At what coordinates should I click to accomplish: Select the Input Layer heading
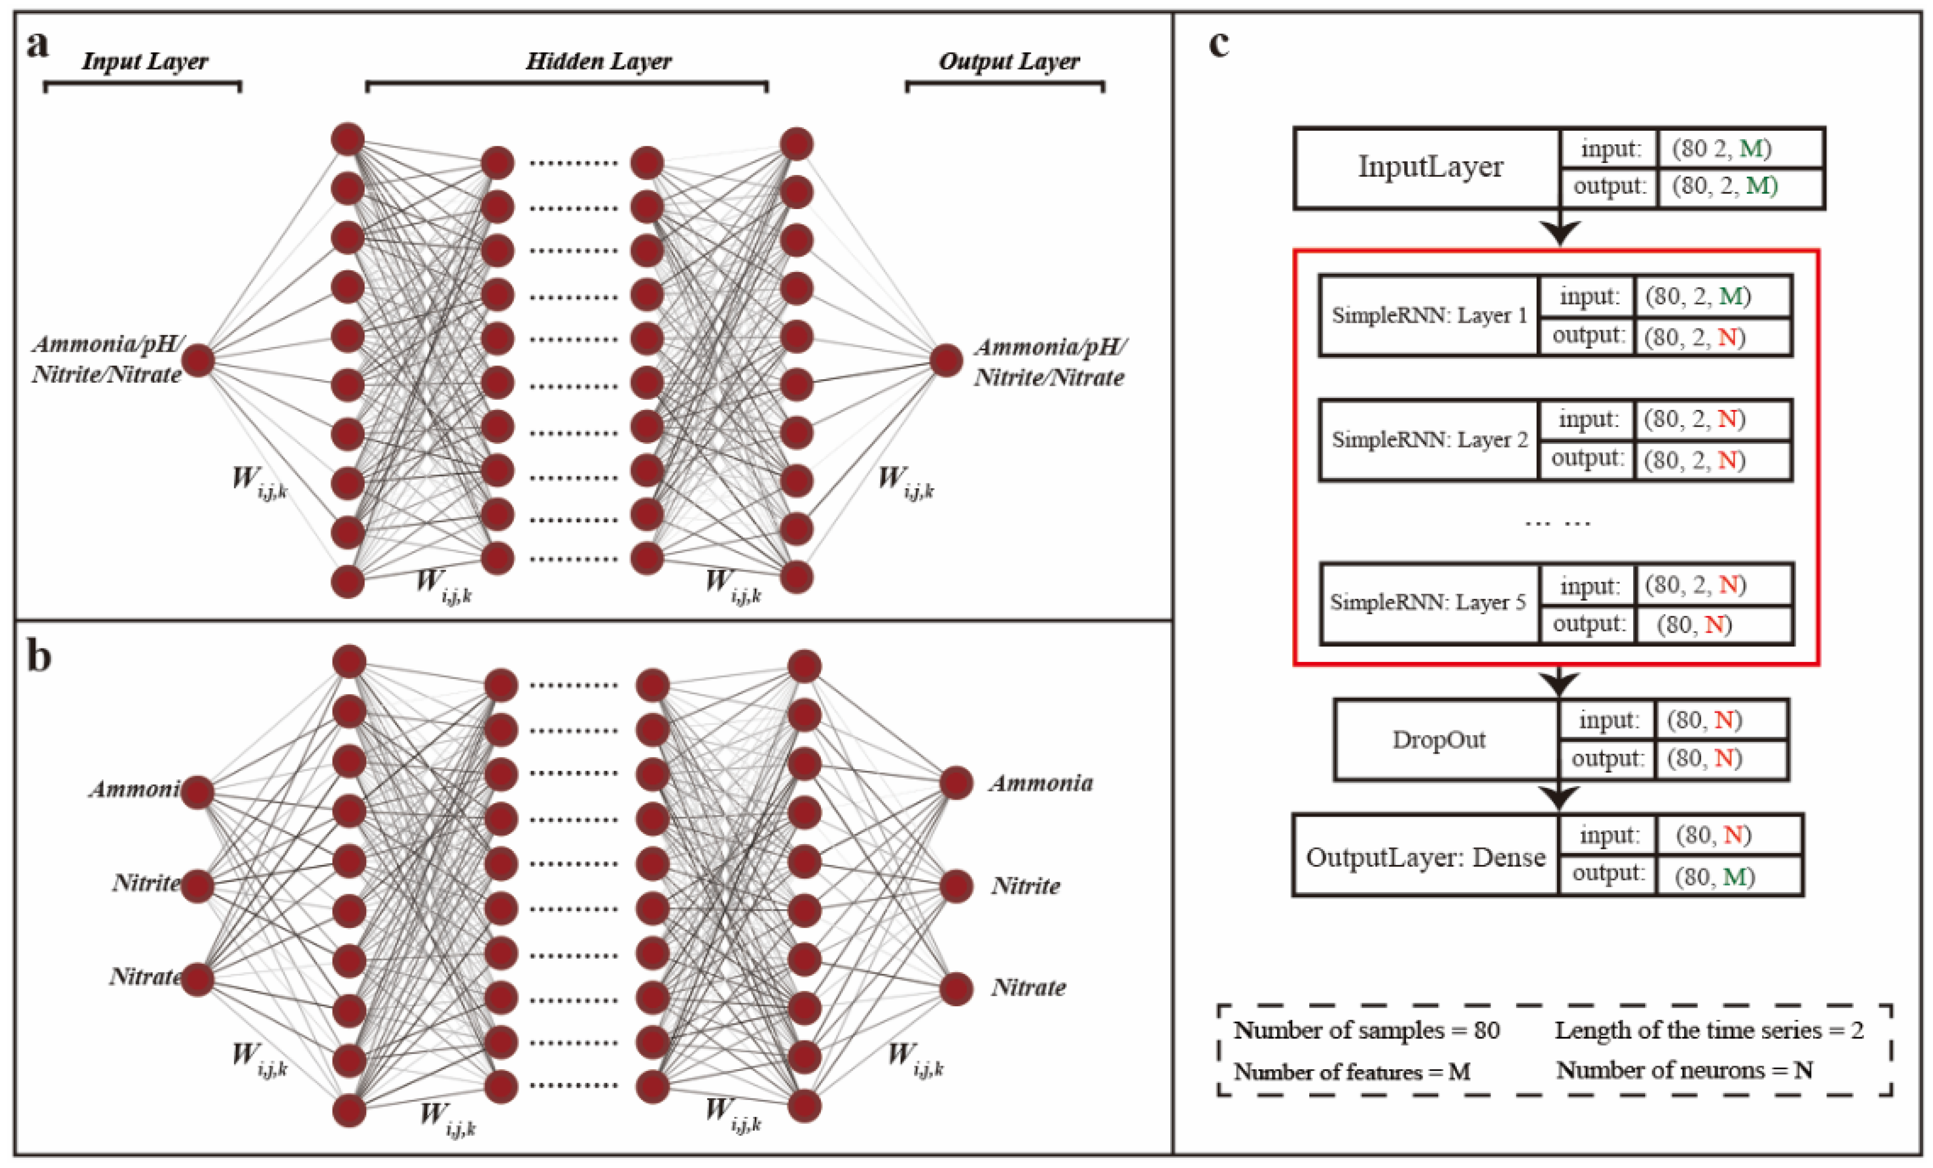[145, 61]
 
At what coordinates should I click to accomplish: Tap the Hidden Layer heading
[598, 61]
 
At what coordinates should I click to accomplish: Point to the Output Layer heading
[1009, 61]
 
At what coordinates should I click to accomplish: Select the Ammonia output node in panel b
[956, 783]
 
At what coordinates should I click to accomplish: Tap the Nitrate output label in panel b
[1029, 988]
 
